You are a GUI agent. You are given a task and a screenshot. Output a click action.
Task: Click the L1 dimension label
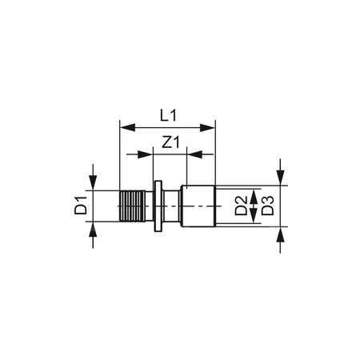tap(168, 115)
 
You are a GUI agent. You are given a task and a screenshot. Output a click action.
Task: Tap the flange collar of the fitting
tap(158, 207)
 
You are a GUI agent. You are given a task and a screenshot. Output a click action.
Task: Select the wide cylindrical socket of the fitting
tap(200, 207)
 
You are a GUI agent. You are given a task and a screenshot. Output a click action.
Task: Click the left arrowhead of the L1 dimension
tap(124, 126)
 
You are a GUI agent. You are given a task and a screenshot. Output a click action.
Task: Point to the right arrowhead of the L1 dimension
tap(211, 126)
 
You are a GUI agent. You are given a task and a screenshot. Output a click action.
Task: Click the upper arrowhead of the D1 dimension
tap(94, 185)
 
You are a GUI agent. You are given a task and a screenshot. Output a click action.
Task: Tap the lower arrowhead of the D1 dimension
tap(94, 230)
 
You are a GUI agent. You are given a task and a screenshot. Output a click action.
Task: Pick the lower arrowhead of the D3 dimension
tap(281, 234)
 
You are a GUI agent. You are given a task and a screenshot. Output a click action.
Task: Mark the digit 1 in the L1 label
tap(174, 115)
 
